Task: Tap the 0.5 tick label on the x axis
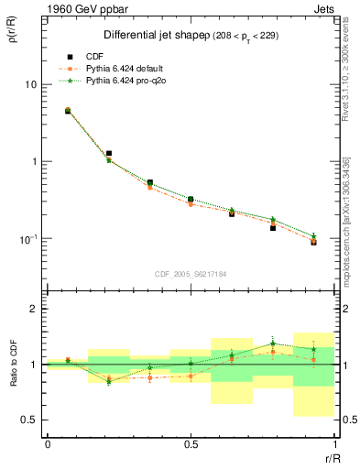coord(191,444)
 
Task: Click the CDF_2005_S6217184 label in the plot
coord(191,273)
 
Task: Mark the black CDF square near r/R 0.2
coord(109,154)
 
